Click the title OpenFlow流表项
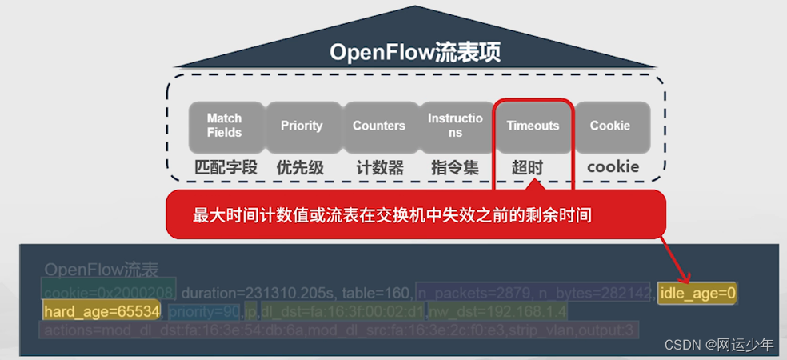pyautogui.click(x=415, y=53)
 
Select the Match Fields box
pyautogui.click(x=224, y=126)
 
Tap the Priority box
pyautogui.click(x=302, y=126)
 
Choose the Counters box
pyautogui.click(x=379, y=126)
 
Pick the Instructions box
pyautogui.click(x=455, y=126)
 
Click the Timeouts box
pyautogui.click(x=533, y=126)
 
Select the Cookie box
pyautogui.click(x=610, y=126)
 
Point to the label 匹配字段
pyautogui.click(x=226, y=167)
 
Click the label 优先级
pyautogui.click(x=300, y=167)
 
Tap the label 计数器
pyautogui.click(x=380, y=167)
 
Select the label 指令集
pyautogui.click(x=455, y=167)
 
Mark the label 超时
pyautogui.click(x=527, y=167)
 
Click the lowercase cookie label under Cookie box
pyautogui.click(x=613, y=166)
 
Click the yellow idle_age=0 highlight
pyautogui.click(x=697, y=294)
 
